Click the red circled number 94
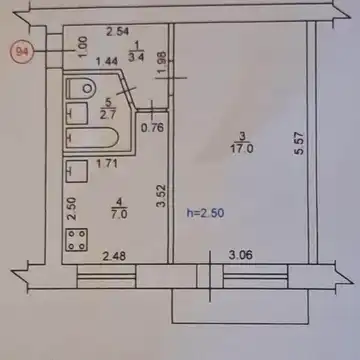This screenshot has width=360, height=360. click(x=22, y=52)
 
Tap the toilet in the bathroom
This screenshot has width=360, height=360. click(x=81, y=88)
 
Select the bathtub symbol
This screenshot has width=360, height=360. click(x=92, y=138)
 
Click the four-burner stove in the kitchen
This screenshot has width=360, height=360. click(x=77, y=239)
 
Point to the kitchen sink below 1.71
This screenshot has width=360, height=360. click(x=77, y=171)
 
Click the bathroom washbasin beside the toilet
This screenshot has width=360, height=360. click(x=77, y=113)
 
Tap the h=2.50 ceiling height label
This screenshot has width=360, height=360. click(x=205, y=213)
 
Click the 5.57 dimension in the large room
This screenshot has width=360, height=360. click(x=299, y=143)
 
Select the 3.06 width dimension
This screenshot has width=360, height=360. click(x=241, y=255)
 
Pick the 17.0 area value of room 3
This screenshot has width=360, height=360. click(x=242, y=148)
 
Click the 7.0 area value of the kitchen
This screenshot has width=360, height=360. click(x=119, y=213)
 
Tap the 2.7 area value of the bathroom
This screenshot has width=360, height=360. click(x=108, y=115)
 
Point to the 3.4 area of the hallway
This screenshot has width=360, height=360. click(x=136, y=57)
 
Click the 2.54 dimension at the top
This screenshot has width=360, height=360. click(x=118, y=32)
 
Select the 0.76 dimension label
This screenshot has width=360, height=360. click(x=152, y=127)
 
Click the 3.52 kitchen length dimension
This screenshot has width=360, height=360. click(x=162, y=196)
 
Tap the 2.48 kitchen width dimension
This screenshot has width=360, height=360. click(x=114, y=256)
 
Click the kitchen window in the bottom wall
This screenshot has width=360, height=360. click(x=106, y=276)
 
